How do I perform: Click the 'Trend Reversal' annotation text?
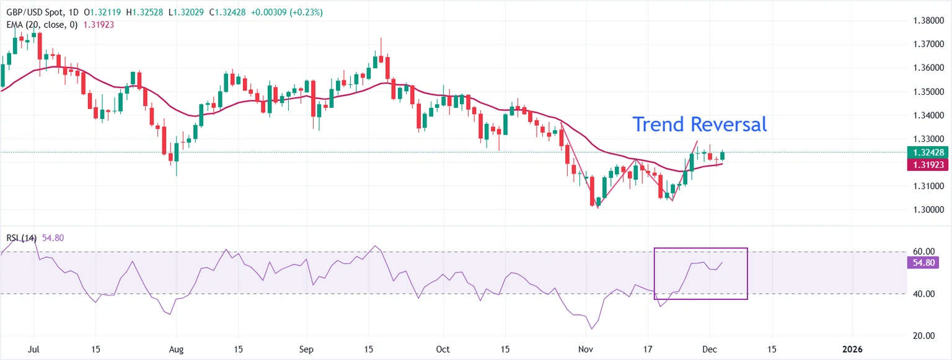click(699, 125)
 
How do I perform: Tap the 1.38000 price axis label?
click(928, 20)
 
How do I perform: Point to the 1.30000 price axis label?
click(928, 210)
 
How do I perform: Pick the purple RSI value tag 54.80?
click(922, 263)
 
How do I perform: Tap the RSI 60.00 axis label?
click(923, 252)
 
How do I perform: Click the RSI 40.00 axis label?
click(923, 294)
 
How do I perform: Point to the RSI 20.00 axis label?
click(923, 336)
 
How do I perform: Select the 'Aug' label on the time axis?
click(177, 349)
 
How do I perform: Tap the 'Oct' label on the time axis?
click(443, 349)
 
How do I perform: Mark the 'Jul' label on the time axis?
click(34, 349)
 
